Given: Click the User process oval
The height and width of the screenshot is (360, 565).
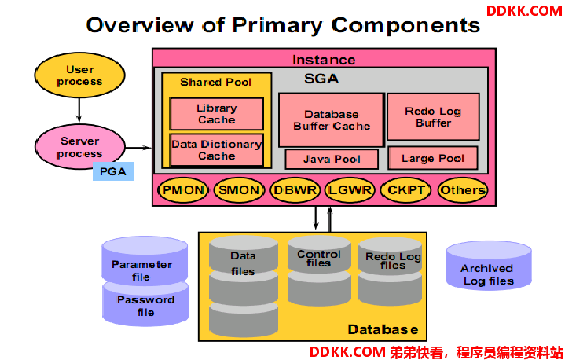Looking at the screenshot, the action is click(79, 75).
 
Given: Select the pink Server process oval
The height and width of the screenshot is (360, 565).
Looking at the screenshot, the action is click(79, 147).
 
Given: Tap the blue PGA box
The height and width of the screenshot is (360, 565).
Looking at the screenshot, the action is click(113, 171).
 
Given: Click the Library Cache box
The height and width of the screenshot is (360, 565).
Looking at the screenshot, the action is click(217, 114).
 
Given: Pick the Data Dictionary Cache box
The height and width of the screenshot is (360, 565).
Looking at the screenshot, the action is click(217, 150).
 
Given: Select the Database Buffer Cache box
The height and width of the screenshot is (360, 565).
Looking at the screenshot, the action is click(332, 120).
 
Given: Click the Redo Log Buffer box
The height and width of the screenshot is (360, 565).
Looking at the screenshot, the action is click(433, 117).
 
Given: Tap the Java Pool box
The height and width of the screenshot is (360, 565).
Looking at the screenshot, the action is click(332, 160).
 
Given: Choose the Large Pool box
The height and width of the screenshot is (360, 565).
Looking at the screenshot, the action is click(433, 158).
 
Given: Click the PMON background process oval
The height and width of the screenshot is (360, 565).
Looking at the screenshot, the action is click(183, 190).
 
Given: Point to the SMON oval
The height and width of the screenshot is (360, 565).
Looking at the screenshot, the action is click(239, 190).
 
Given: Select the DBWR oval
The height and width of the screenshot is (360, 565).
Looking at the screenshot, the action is click(295, 190).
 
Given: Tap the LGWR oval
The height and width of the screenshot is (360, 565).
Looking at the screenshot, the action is click(350, 190).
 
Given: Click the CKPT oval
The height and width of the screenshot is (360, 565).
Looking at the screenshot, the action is click(405, 190).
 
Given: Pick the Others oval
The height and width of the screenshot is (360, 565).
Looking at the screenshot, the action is click(463, 190).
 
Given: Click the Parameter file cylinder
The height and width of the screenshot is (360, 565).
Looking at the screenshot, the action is click(145, 261).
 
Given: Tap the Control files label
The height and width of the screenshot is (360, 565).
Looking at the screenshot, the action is click(319, 259).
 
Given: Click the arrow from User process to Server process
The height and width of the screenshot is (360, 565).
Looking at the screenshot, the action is click(79, 110).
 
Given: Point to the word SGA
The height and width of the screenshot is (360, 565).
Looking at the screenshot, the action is click(321, 79).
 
